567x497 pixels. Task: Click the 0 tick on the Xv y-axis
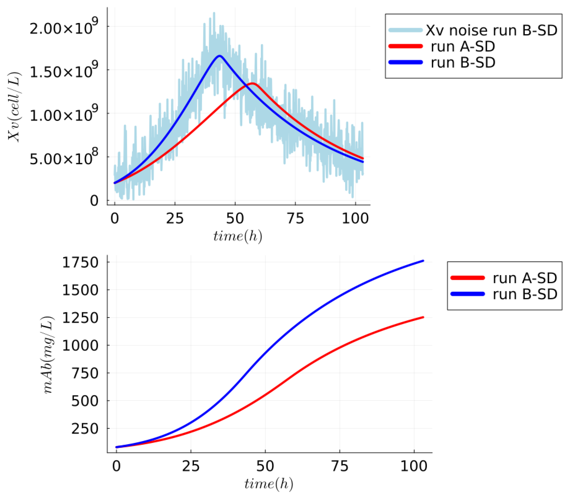[94, 201]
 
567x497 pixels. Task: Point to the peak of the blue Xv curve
[220, 56]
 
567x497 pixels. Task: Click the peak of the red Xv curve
[252, 83]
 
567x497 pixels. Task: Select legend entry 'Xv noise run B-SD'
[491, 30]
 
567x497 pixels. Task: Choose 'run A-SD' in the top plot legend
[462, 46]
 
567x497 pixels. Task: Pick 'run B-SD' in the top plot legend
[463, 62]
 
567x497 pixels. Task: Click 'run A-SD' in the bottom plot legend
[525, 278]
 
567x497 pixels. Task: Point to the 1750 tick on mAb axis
[80, 262]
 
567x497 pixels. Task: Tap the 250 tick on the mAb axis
[85, 429]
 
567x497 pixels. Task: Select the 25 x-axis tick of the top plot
[175, 218]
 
